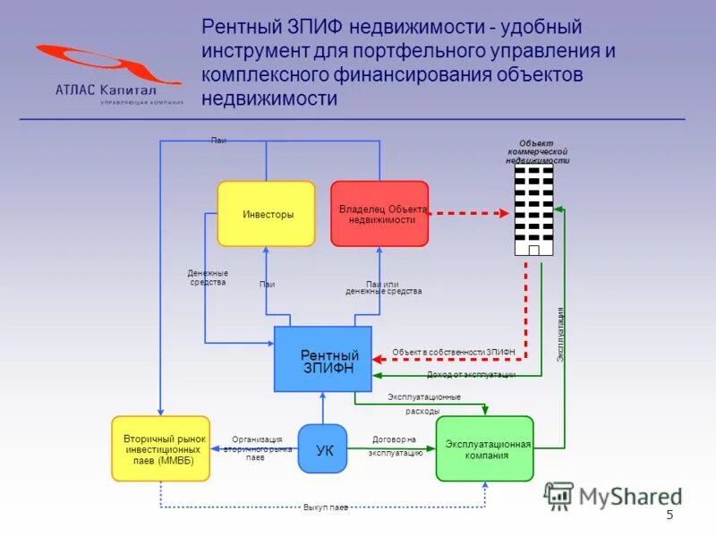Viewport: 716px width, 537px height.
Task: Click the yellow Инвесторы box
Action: [267, 214]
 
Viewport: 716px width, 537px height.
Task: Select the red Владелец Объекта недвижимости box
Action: [379, 214]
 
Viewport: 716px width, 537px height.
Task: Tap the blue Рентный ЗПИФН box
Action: [322, 360]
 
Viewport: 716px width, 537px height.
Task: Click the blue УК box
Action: [322, 449]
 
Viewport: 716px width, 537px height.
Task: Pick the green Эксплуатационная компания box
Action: [484, 449]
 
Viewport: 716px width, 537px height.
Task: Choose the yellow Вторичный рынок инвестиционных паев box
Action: [160, 449]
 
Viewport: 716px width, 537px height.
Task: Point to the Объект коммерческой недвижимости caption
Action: [537, 152]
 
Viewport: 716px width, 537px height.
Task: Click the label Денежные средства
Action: [208, 277]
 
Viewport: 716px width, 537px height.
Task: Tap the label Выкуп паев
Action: [325, 507]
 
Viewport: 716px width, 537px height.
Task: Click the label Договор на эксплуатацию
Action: [395, 447]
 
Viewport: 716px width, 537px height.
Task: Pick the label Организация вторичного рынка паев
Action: [257, 447]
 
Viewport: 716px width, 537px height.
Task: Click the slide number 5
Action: [669, 516]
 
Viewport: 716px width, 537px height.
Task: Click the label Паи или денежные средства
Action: [383, 287]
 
